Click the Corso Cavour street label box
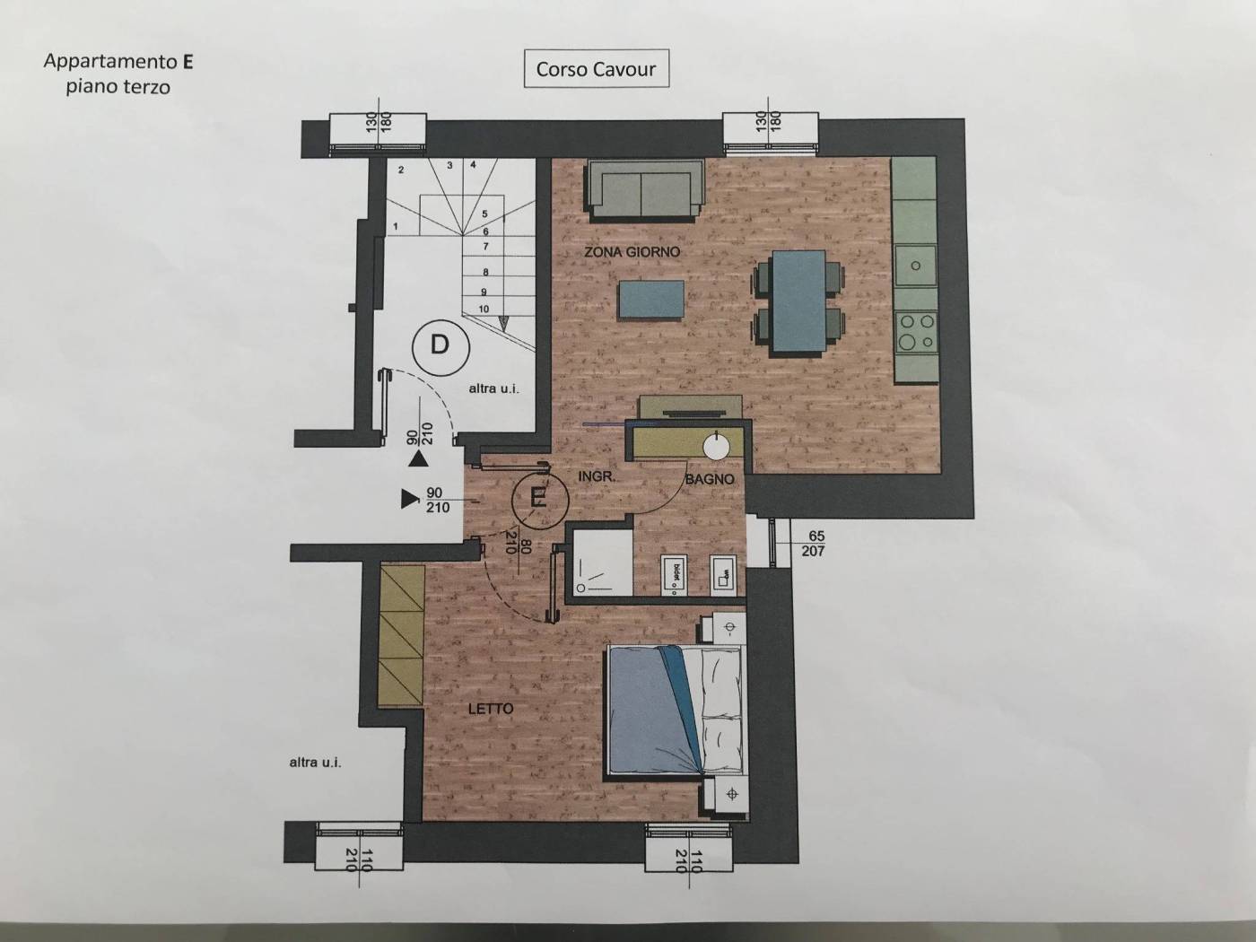[597, 69]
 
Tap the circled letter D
[440, 346]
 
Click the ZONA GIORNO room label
[632, 252]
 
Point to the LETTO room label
[491, 709]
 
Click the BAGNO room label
[710, 479]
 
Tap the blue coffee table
[651, 299]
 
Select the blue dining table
[798, 301]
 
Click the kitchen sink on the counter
[916, 266]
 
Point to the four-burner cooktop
[917, 332]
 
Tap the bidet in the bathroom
[675, 576]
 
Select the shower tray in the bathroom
[598, 562]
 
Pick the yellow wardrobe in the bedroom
[402, 635]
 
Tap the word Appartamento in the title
[111, 62]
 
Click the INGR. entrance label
[597, 476]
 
